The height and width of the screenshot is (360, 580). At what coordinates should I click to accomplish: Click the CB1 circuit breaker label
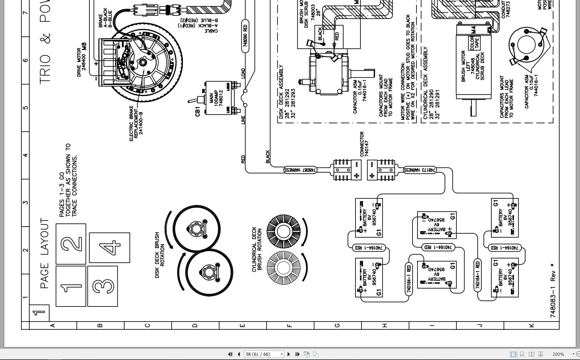198,111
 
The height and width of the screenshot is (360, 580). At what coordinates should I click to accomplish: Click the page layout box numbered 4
110,248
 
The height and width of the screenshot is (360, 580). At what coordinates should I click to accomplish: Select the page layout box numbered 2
71,244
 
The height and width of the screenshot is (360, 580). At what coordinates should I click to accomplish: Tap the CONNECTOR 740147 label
364,144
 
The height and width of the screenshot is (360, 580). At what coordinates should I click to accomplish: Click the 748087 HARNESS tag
301,170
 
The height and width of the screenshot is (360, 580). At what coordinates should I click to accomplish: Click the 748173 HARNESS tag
420,170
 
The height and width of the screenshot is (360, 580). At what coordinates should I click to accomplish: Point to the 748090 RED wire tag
245,36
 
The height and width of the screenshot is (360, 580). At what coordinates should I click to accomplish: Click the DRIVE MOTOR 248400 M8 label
82,60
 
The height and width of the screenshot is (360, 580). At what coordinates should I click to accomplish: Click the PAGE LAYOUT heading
44,253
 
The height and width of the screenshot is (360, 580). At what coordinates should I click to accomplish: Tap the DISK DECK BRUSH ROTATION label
160,255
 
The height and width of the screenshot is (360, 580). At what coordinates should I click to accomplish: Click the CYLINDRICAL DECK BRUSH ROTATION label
257,249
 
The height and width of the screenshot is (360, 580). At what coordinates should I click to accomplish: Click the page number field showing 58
263,354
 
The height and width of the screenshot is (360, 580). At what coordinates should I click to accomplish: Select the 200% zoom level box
558,354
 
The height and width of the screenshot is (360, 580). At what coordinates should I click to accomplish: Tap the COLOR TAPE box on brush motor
474,43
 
